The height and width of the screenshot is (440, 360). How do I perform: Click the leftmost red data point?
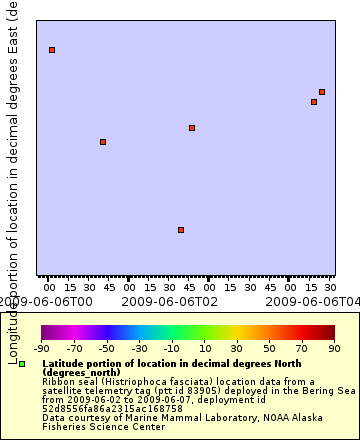[x=52, y=50]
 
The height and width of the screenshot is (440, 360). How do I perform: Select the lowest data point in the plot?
[x=181, y=230]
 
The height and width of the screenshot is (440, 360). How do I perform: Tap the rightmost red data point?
[x=322, y=92]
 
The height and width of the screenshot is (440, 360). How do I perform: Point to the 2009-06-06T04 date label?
[x=318, y=301]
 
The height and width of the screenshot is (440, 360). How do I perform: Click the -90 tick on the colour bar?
[x=41, y=348]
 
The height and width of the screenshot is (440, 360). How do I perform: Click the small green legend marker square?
[x=22, y=364]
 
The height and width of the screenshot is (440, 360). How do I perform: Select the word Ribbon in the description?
[x=56, y=381]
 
